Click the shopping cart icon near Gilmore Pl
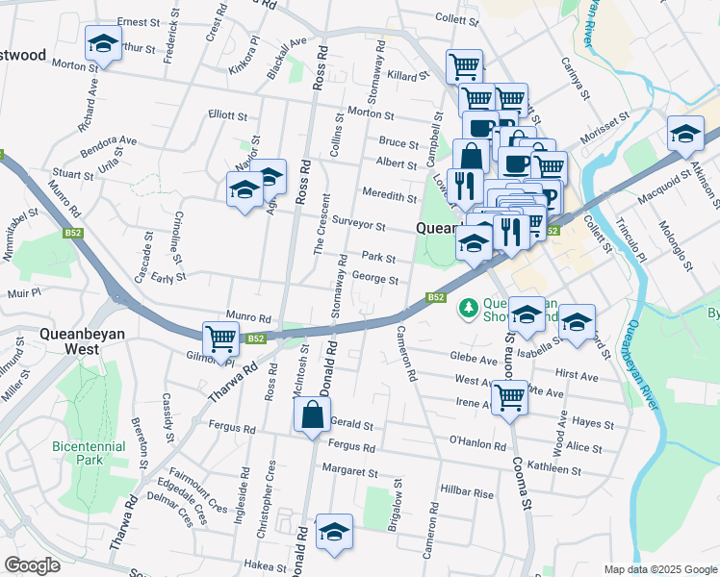[221, 339]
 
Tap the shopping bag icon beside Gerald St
[312, 416]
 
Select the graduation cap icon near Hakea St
[334, 532]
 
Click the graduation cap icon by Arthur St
[103, 43]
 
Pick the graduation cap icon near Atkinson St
[685, 134]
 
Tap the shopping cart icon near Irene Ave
[510, 396]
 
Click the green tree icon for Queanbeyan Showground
[469, 308]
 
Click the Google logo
[33, 565]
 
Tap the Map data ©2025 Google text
[659, 569]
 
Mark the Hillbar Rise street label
[467, 493]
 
